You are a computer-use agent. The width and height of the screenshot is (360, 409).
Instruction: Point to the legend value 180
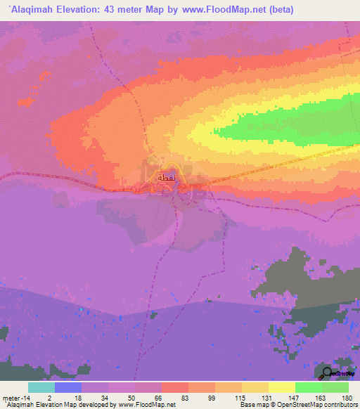coord(347,397)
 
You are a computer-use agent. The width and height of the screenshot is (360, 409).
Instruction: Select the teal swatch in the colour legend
coord(41,387)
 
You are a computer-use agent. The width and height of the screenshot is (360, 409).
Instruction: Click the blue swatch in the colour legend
coord(67,387)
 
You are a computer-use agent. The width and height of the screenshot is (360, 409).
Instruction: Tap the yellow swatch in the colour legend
coord(281,387)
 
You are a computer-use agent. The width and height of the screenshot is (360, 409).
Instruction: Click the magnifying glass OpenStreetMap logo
coord(328,372)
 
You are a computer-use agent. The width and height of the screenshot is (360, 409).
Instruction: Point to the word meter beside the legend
coord(11,397)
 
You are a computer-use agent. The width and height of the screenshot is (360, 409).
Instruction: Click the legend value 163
coord(321,397)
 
